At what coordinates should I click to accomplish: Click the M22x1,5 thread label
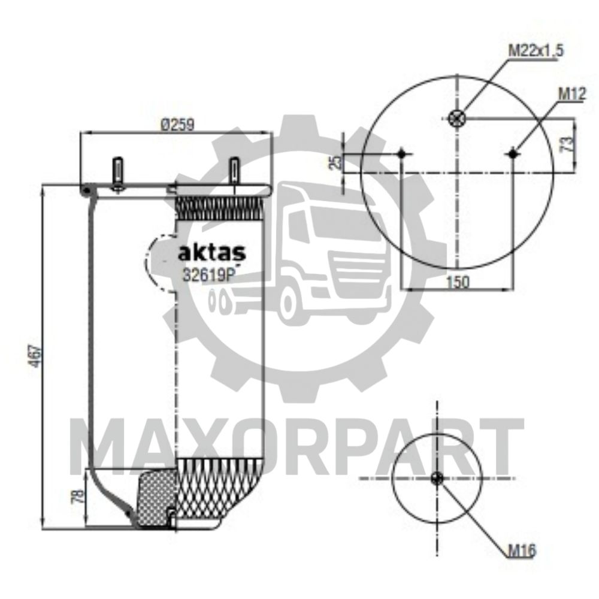pyautogui.click(x=536, y=51)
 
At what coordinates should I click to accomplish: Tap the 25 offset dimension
pyautogui.click(x=337, y=161)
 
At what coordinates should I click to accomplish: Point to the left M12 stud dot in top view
pyautogui.click(x=402, y=154)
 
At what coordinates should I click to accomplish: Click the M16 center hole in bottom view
pyautogui.click(x=437, y=478)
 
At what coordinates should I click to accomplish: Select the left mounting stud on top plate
pyautogui.click(x=118, y=173)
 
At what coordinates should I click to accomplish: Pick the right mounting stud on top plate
pyautogui.click(x=234, y=173)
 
